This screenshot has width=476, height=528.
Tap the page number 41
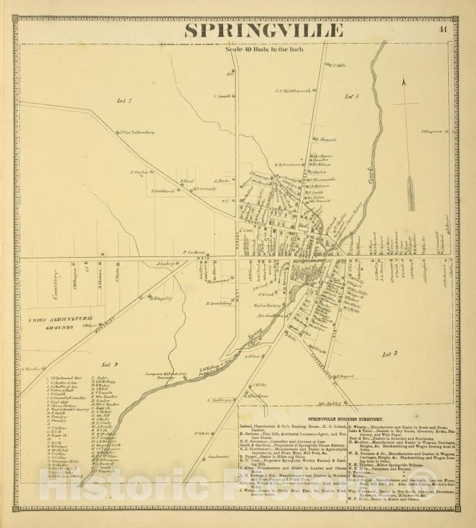[x=443, y=29]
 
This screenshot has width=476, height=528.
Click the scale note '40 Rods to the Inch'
[x=261, y=49]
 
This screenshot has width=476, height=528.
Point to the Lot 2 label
[x=124, y=101]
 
